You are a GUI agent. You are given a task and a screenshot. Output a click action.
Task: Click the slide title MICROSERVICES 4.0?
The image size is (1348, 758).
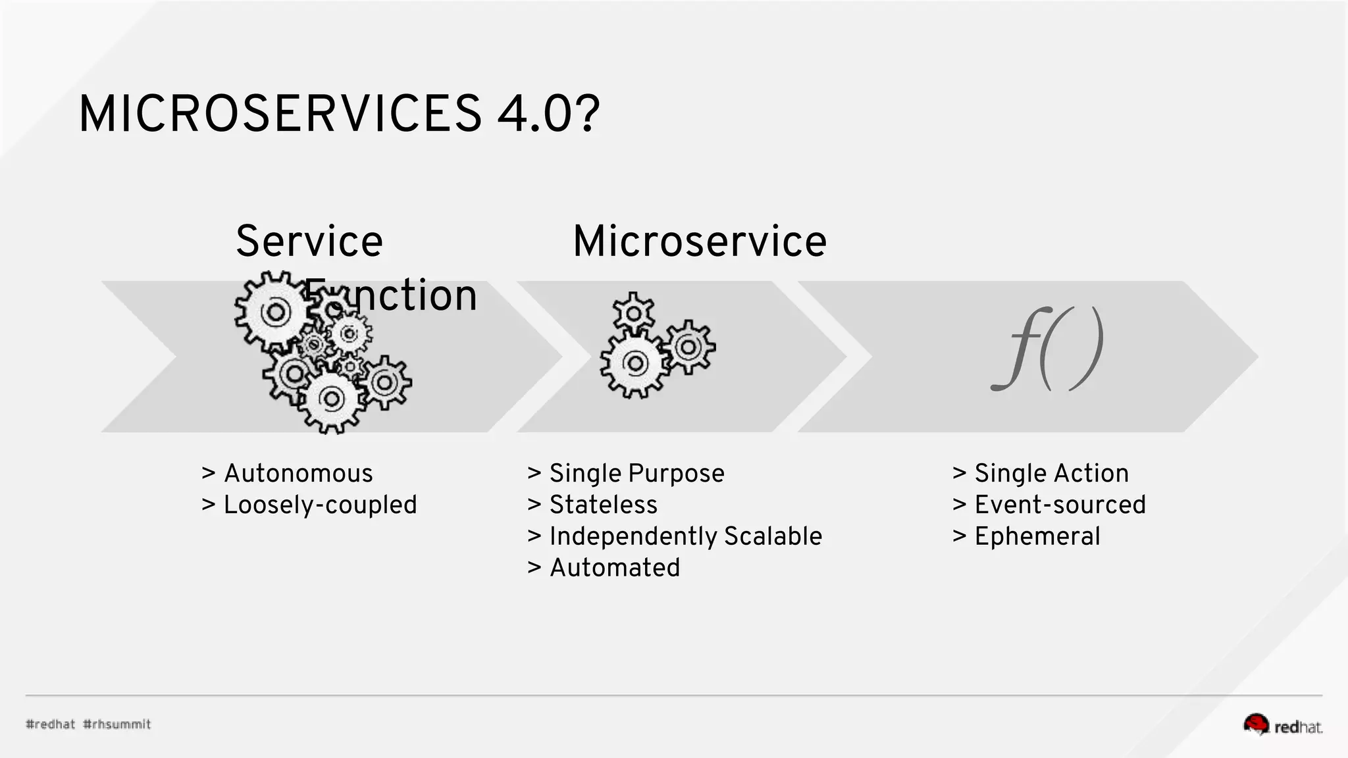pos(338,114)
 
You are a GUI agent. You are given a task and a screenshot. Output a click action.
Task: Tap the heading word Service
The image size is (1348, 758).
pos(309,241)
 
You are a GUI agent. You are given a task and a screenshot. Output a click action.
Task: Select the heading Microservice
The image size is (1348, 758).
pos(700,241)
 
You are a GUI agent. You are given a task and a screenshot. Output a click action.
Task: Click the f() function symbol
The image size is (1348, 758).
pos(1047,349)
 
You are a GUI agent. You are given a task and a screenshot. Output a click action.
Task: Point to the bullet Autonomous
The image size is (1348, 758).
pos(298,473)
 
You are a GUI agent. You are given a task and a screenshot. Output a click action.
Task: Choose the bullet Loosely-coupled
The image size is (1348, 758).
pos(320,505)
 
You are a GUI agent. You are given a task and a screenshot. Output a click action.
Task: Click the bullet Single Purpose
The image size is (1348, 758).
pos(636,473)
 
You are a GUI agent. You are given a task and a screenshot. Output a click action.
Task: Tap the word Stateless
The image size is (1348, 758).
pos(603,505)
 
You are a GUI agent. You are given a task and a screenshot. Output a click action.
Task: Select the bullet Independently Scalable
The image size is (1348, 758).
pos(685,536)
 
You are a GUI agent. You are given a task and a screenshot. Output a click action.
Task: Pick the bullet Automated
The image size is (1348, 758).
pos(614,567)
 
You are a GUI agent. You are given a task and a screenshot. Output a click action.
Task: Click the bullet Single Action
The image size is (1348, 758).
pos(1051,473)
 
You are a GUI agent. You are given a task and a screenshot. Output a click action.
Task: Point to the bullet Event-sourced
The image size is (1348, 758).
pos(1060,505)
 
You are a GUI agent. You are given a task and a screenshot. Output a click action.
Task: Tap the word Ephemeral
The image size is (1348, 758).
pos(1037,536)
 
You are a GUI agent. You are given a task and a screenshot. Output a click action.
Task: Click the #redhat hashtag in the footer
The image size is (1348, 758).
pos(51,724)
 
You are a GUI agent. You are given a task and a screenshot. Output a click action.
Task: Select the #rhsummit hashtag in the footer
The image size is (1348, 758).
pos(117,724)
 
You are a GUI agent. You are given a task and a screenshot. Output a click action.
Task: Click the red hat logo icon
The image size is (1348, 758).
pos(1256,724)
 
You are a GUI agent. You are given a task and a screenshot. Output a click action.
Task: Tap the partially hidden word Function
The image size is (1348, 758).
pos(392,295)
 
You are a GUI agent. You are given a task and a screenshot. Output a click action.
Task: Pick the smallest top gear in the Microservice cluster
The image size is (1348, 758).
pos(633,313)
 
